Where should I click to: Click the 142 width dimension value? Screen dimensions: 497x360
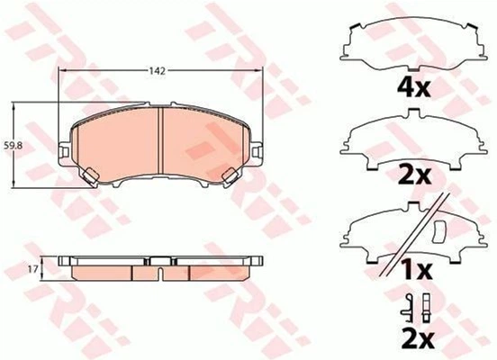[158, 71]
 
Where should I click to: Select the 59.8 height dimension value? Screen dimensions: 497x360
[12, 146]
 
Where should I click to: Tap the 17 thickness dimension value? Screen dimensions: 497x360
[33, 269]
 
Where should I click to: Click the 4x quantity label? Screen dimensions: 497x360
[414, 88]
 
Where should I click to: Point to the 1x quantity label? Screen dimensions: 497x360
[416, 270]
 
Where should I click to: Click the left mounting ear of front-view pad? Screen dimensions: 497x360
[65, 152]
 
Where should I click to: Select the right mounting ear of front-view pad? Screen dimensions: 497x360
[257, 152]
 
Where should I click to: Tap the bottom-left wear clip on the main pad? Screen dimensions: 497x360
[90, 175]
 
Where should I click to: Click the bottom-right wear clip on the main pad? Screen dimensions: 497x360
[230, 175]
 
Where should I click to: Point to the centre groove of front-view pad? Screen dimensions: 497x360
[160, 140]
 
